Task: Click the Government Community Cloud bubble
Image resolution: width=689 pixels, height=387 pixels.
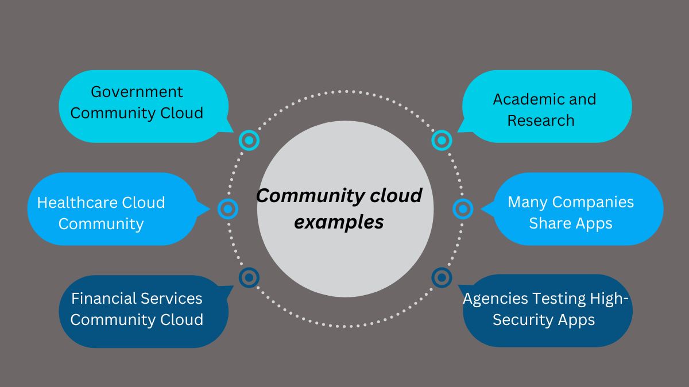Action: pyautogui.click(x=144, y=106)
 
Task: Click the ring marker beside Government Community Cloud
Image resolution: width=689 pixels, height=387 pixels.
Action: pyautogui.click(x=249, y=140)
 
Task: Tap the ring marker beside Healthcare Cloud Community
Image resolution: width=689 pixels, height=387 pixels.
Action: pyautogui.click(x=228, y=209)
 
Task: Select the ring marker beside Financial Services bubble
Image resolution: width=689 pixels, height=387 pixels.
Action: pyautogui.click(x=249, y=278)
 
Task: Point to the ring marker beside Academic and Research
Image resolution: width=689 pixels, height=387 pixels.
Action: pyautogui.click(x=441, y=140)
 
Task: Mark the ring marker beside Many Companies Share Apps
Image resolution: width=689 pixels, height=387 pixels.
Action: pyautogui.click(x=463, y=209)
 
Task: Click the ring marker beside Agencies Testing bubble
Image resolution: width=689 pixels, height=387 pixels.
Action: pyautogui.click(x=441, y=278)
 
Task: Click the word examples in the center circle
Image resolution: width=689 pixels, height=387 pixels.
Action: pyautogui.click(x=339, y=222)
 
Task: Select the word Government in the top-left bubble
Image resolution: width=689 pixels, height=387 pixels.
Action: pyautogui.click(x=137, y=92)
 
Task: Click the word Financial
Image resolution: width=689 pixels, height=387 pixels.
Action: pyautogui.click(x=103, y=299)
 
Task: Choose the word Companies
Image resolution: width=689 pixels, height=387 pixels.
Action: pyautogui.click(x=597, y=203)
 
